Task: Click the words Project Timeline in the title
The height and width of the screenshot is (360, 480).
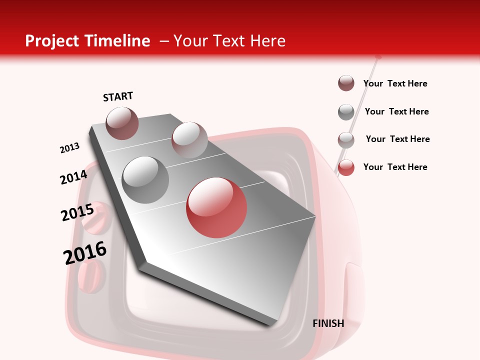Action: (87, 41)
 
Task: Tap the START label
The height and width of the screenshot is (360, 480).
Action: (118, 96)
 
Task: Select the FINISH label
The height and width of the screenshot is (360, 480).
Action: (328, 323)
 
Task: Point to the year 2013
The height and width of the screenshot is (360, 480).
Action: (69, 148)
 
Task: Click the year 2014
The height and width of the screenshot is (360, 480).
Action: (73, 177)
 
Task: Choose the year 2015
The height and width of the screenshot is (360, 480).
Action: (77, 212)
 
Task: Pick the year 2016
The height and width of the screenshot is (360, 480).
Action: (85, 253)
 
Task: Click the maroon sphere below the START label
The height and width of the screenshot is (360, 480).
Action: (122, 123)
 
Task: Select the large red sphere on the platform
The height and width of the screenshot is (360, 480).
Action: (216, 207)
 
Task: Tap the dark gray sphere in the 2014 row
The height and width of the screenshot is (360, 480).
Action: (145, 179)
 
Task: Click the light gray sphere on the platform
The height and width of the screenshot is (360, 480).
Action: (189, 139)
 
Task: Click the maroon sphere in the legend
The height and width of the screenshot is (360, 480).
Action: (346, 83)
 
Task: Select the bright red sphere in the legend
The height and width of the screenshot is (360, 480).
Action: (346, 167)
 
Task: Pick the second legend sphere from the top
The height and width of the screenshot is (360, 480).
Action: (346, 112)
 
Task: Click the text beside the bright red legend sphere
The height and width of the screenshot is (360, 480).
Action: (395, 167)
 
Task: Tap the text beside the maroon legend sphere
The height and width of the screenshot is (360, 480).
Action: (395, 83)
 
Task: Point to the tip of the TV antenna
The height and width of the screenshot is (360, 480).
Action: (378, 57)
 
